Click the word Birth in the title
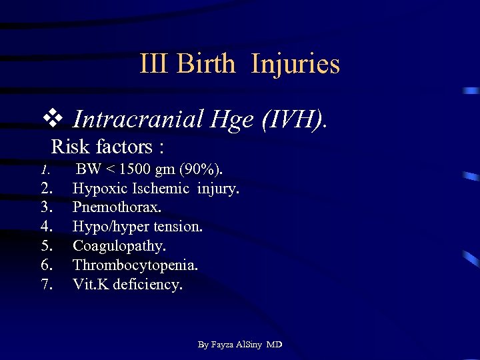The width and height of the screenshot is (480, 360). point(207,65)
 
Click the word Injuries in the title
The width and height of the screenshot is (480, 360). point(295,65)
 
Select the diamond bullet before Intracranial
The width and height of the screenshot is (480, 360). point(53,119)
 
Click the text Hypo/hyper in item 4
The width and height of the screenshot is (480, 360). point(107,227)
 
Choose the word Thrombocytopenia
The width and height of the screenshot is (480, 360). point(135,265)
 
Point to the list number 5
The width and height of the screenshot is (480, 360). point(47,246)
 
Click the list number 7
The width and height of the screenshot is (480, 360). point(47,284)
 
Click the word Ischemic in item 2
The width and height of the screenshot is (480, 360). point(165,189)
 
